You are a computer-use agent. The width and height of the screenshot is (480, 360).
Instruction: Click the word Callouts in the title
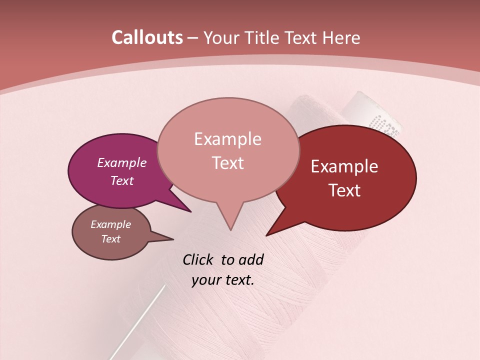pos(147,37)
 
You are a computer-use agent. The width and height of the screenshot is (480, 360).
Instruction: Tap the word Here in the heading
pos(341,37)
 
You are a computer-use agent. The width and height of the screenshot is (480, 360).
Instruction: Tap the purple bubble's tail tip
pos(190,211)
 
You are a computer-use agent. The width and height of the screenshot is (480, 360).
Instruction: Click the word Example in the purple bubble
pos(121,162)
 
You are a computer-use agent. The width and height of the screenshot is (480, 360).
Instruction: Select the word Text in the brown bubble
pos(110,239)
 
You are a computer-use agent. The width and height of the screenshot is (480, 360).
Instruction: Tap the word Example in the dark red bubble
pos(344,166)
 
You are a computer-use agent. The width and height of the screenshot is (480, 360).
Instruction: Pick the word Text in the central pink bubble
pos(228,163)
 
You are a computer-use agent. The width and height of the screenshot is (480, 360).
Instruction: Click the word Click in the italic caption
pos(199,259)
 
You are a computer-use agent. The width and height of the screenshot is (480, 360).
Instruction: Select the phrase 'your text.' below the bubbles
pos(223,280)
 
